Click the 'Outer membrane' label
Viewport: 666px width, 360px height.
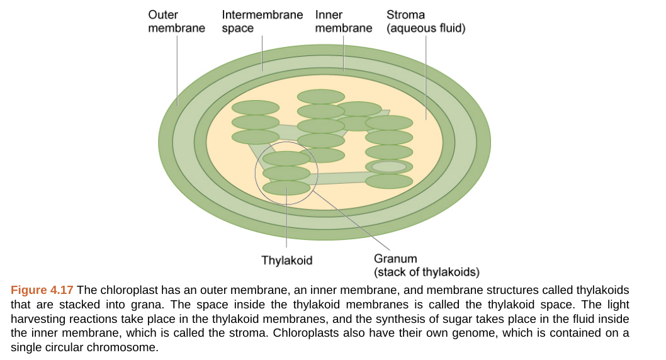[x=176, y=21]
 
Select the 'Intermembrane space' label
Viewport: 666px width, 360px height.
[x=262, y=21]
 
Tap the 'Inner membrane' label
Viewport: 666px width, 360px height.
[x=343, y=21]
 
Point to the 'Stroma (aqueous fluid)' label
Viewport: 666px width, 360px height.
[x=426, y=21]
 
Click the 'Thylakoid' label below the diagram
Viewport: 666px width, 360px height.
[x=287, y=261]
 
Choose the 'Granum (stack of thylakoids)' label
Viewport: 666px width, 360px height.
[x=426, y=266]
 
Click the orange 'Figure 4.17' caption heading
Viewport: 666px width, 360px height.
[x=42, y=290]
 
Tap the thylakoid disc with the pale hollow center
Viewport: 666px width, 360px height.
[x=389, y=167]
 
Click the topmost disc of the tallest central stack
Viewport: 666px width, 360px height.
[x=321, y=96]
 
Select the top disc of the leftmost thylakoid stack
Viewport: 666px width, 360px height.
[x=256, y=108]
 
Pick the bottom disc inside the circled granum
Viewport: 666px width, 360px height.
[x=286, y=188]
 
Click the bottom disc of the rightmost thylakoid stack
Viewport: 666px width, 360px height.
[x=389, y=181]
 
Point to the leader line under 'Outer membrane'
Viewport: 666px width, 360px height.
[x=177, y=69]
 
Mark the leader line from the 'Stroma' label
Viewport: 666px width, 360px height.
[x=426, y=76]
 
